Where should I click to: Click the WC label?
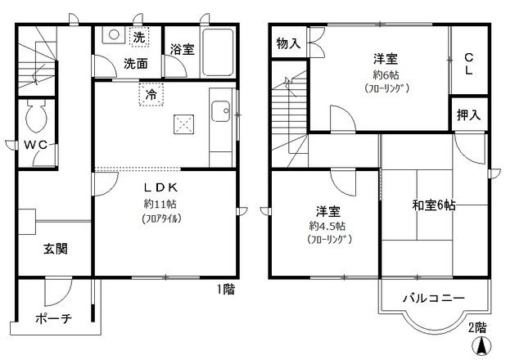pyautogui.click(x=36, y=145)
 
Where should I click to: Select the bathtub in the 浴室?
pyautogui.click(x=218, y=52)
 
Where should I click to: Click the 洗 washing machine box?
pyautogui.click(x=139, y=37)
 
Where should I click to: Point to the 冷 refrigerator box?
pyautogui.click(x=151, y=94)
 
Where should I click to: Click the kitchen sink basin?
pyautogui.click(x=220, y=111)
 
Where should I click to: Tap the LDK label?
pyautogui.click(x=160, y=187)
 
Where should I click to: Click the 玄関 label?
pyautogui.click(x=56, y=249)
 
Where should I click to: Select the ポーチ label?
pyautogui.click(x=53, y=318)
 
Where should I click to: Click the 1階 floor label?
pyautogui.click(x=226, y=289)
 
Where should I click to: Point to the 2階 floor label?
pyautogui.click(x=477, y=327)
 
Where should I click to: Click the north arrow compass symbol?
pyautogui.click(x=481, y=346)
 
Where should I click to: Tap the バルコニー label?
pyautogui.click(x=433, y=298)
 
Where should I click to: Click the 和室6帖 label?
pyautogui.click(x=434, y=205)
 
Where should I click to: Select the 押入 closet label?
pyautogui.click(x=468, y=115)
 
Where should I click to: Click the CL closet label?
pyautogui.click(x=469, y=64)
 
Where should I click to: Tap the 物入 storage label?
pyautogui.click(x=288, y=43)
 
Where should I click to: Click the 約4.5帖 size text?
pyautogui.click(x=327, y=226)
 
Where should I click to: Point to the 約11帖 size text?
pyautogui.click(x=160, y=204)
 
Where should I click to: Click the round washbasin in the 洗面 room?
pyautogui.click(x=114, y=34)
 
